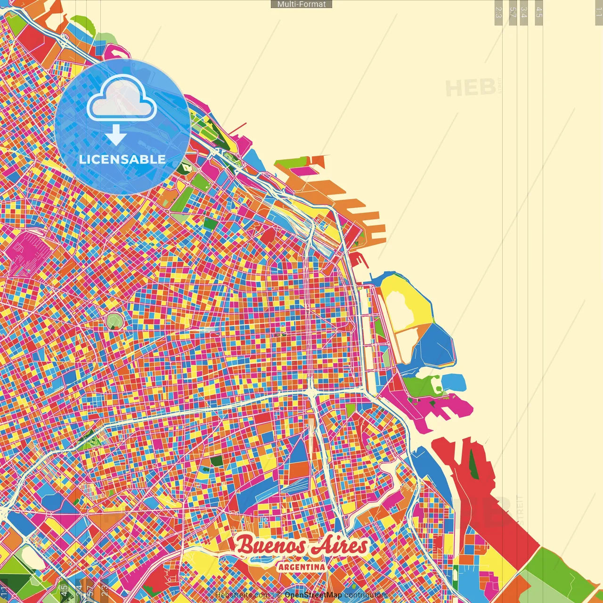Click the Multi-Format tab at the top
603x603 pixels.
click(301, 4)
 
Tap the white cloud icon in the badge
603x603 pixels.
click(122, 98)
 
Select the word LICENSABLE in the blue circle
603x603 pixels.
click(122, 159)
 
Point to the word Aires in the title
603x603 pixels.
click(340, 546)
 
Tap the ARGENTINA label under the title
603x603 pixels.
click(301, 567)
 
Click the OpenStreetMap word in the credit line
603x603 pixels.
click(313, 595)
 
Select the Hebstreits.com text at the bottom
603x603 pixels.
click(242, 595)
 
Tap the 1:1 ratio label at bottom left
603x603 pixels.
click(4, 591)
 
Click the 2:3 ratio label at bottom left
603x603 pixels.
click(105, 589)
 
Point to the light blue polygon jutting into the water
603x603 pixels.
click(454, 382)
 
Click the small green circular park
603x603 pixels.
click(114, 322)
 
